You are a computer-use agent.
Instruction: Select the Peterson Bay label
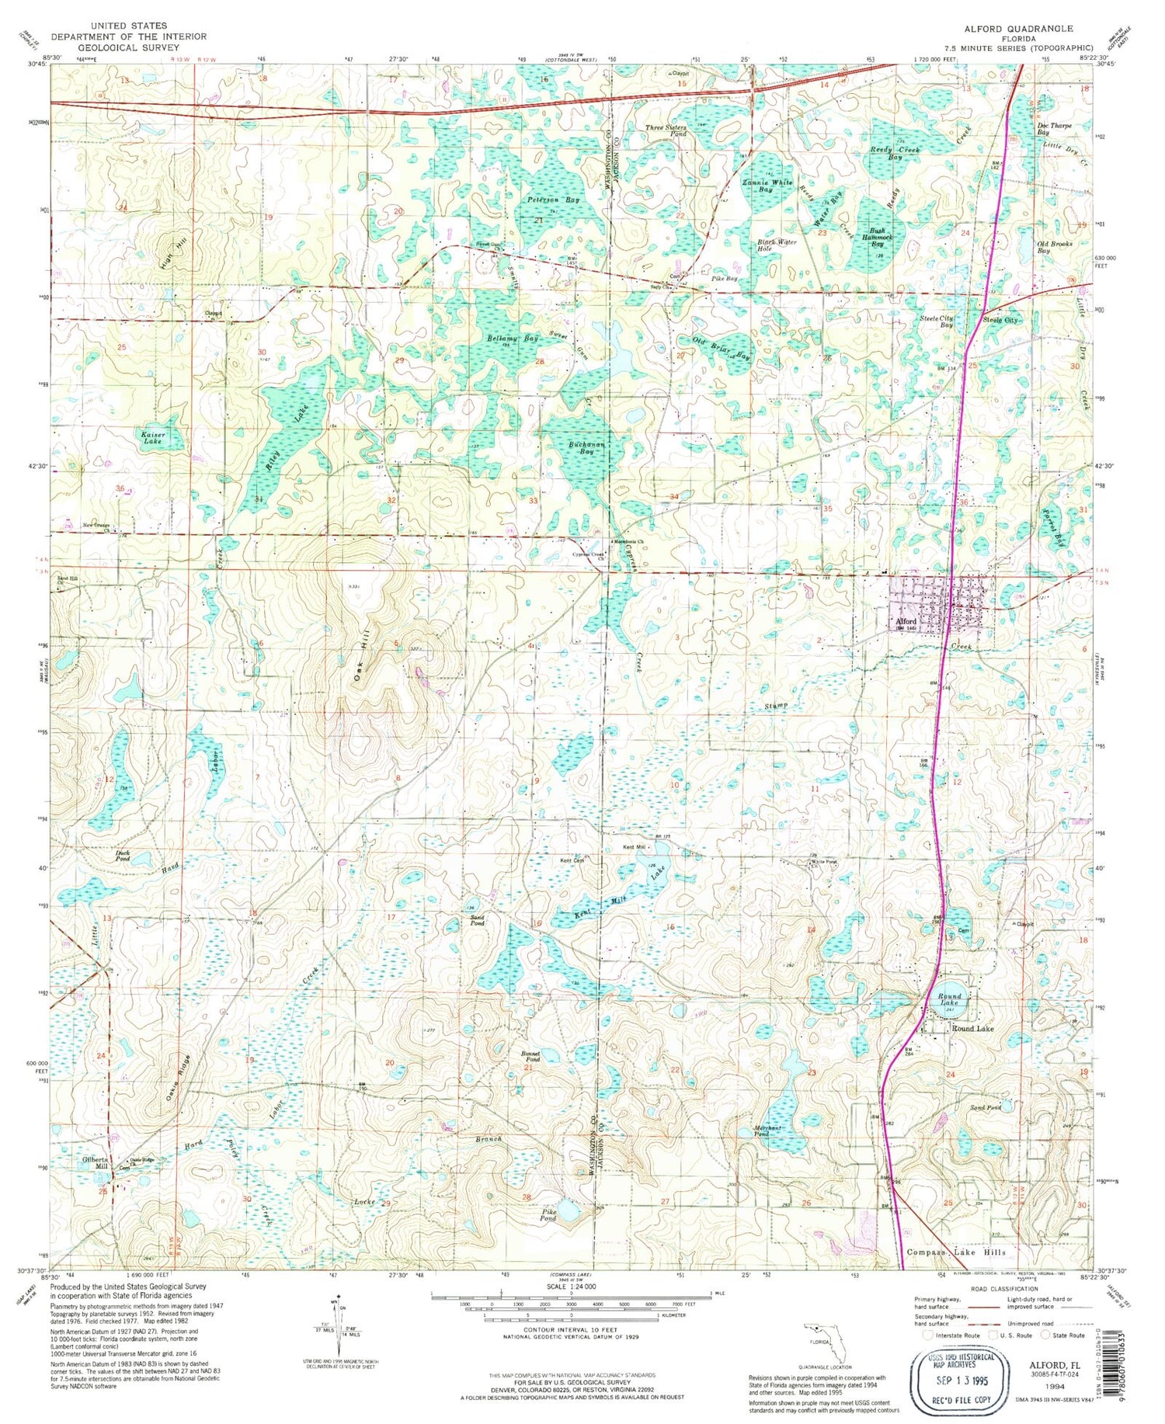coord(554,200)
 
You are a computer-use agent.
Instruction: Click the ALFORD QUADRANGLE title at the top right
coord(1018,28)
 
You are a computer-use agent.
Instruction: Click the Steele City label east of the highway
coord(1000,320)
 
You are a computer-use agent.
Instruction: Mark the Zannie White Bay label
coord(767,186)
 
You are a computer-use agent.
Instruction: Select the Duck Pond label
coord(123,856)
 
